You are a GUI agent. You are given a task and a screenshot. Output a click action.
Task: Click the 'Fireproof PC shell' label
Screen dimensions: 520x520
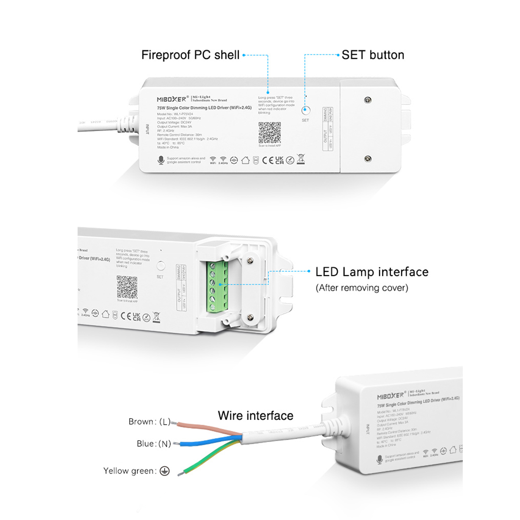pyautogui.click(x=190, y=55)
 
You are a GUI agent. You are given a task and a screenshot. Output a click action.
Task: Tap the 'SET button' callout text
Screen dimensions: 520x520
pyautogui.click(x=373, y=55)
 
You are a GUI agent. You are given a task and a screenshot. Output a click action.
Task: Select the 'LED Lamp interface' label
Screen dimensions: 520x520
pyautogui.click(x=372, y=272)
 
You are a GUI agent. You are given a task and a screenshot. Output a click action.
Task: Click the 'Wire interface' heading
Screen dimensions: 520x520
pyautogui.click(x=256, y=416)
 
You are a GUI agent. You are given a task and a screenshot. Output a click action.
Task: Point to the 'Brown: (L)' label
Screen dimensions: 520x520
pyautogui.click(x=149, y=422)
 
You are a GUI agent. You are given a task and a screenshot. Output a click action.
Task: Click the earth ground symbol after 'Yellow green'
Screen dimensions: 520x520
pyautogui.click(x=165, y=471)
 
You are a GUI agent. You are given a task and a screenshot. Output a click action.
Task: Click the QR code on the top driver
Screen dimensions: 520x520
pyautogui.click(x=270, y=133)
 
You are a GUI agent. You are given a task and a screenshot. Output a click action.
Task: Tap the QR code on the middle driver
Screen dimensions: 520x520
pyautogui.click(x=127, y=287)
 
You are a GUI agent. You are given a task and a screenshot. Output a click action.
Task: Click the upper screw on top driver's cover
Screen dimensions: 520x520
pyautogui.click(x=367, y=100)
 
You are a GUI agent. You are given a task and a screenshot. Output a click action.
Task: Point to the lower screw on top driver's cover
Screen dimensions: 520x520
pyautogui.click(x=367, y=159)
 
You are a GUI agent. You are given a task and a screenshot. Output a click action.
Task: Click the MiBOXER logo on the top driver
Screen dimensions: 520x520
pyautogui.click(x=172, y=99)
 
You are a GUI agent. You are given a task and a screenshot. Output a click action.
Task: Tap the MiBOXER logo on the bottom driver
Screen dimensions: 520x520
pyautogui.click(x=390, y=396)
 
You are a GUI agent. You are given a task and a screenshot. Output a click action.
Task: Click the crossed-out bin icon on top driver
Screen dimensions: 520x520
pyautogui.click(x=301, y=159)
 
